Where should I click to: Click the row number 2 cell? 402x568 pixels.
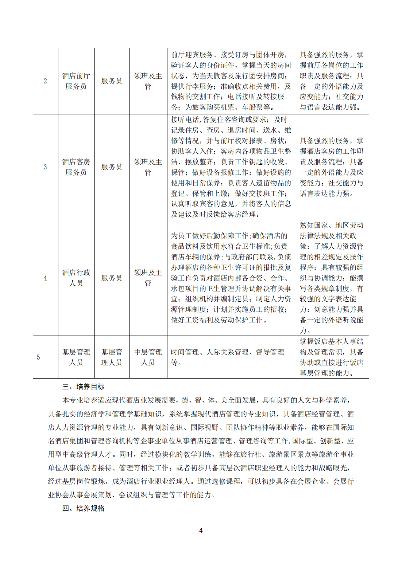click(x=45, y=81)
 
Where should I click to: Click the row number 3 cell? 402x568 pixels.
click(x=45, y=167)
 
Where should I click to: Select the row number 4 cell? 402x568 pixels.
click(x=45, y=278)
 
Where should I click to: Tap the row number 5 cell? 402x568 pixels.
click(x=38, y=357)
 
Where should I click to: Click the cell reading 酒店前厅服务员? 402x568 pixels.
click(x=76, y=81)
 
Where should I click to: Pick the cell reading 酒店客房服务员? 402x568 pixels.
click(x=76, y=167)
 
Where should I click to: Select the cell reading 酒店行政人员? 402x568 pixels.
click(x=76, y=278)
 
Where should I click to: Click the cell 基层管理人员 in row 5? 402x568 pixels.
click(x=76, y=357)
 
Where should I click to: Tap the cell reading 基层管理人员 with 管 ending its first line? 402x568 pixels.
click(x=112, y=357)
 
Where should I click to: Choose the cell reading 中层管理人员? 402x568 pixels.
click(x=148, y=357)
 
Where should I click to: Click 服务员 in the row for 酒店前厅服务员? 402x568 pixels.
click(x=112, y=81)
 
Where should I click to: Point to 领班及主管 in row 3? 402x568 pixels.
click(x=148, y=167)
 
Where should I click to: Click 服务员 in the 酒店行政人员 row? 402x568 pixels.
click(x=112, y=278)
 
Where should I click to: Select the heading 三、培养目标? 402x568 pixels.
click(x=83, y=387)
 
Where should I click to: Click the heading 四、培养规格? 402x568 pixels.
click(x=83, y=508)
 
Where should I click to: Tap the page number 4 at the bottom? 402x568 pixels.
click(x=201, y=530)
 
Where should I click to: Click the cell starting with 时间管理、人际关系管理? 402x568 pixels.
click(x=228, y=357)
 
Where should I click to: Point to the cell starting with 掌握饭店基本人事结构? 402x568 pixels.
click(x=332, y=357)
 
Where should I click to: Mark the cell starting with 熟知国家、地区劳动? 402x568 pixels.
click(x=332, y=278)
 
